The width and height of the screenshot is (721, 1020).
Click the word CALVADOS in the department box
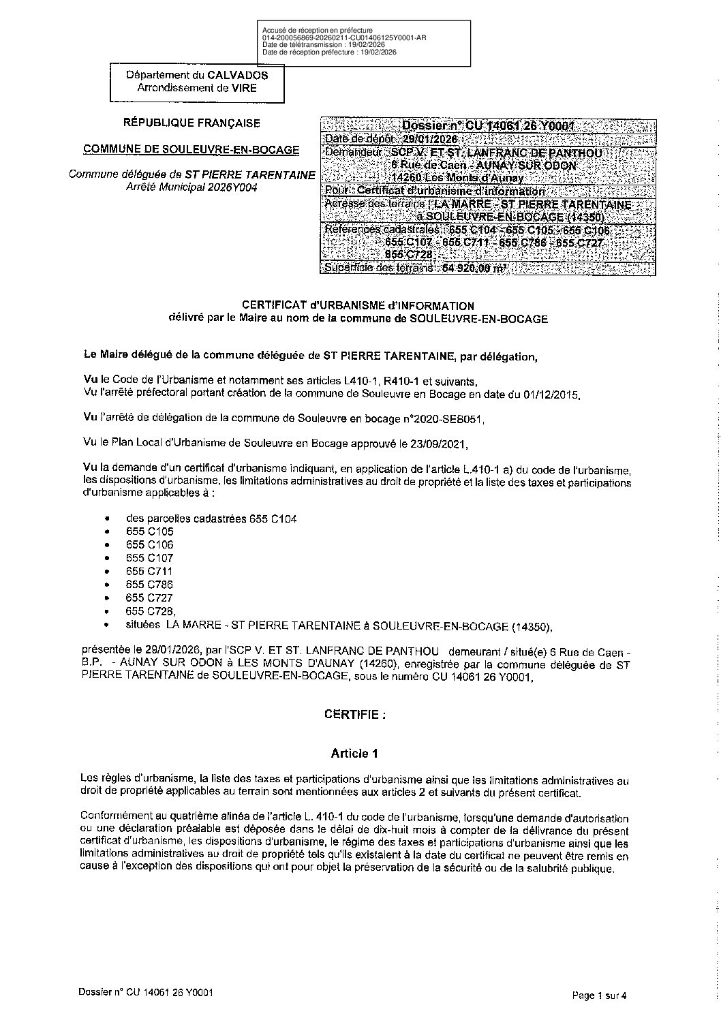coord(238,76)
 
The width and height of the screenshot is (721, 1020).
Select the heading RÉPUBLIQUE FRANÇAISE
coord(191,123)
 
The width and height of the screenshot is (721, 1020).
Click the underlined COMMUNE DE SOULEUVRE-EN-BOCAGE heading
coord(191,149)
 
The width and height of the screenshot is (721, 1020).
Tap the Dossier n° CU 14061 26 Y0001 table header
coord(488,126)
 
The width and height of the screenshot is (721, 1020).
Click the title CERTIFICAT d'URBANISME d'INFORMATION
coord(358,306)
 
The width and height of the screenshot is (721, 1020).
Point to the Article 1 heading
coord(354,753)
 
